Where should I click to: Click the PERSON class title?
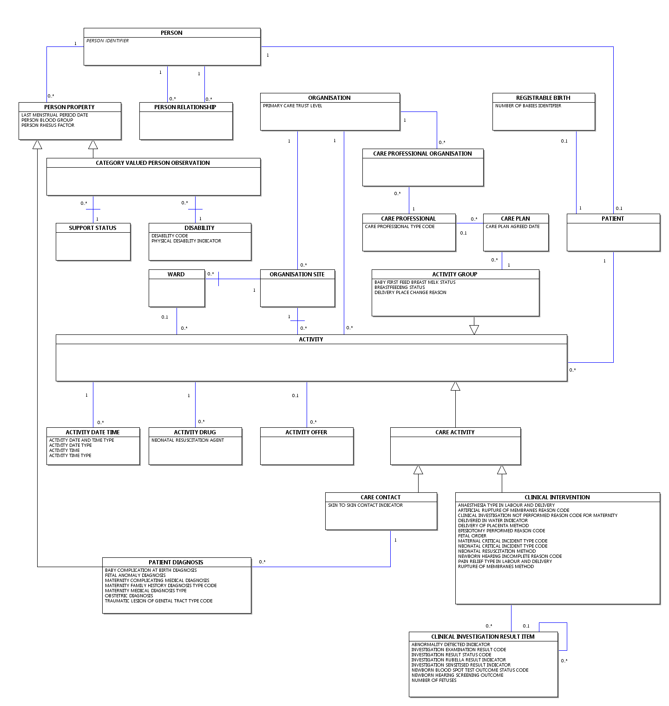tap(171, 33)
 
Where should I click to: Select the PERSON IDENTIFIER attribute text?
tap(107, 41)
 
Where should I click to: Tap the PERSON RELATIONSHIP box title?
tap(185, 107)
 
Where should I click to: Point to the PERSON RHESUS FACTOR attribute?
tap(48, 125)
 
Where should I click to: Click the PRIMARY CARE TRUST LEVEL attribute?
tap(292, 106)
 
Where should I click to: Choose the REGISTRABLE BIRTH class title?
tap(543, 98)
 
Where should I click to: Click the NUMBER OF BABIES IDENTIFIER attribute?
tap(528, 106)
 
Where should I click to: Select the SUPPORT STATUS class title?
tap(92, 228)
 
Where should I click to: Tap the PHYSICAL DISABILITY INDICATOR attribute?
tap(186, 241)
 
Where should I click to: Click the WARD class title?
tap(176, 275)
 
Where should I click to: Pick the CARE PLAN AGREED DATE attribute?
tap(512, 227)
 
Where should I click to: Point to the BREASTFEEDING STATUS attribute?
tap(400, 288)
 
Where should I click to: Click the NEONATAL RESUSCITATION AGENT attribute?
tap(188, 440)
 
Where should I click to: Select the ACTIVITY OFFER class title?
tap(306, 432)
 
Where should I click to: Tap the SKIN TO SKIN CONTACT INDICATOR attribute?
tap(365, 505)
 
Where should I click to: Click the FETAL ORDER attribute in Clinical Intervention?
tap(472, 536)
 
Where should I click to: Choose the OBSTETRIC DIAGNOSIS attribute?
tap(129, 596)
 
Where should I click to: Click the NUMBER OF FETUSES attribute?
tap(434, 680)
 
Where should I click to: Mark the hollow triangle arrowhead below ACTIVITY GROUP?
tap(474, 330)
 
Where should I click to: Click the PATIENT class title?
tap(613, 219)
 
